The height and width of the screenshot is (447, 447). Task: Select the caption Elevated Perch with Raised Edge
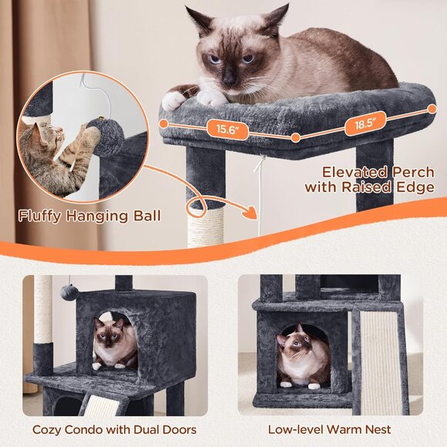[369, 180]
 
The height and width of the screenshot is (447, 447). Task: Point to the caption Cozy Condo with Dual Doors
[114, 430]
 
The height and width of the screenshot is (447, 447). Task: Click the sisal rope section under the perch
[205, 227]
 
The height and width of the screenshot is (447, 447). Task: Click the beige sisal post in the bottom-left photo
[43, 308]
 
